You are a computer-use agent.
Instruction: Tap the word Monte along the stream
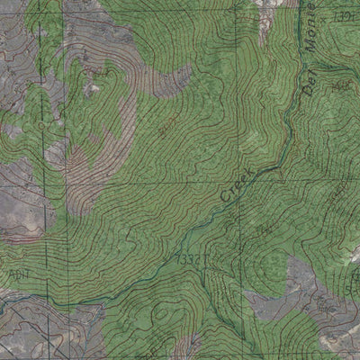[x=307, y=30]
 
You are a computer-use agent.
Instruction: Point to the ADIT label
[x=15, y=273]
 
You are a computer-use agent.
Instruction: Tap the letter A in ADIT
[x=8, y=273]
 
